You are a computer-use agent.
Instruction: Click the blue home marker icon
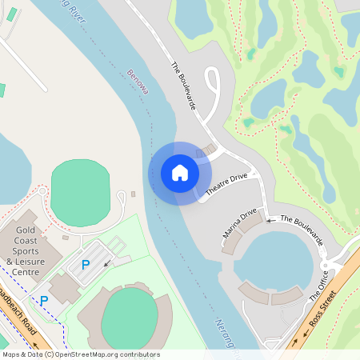180,173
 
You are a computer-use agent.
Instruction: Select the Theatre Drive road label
227,184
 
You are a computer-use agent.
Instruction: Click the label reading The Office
318,285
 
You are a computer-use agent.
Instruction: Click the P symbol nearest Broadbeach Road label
44,301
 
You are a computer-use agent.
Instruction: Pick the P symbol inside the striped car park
86,264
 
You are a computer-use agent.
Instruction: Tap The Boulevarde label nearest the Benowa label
184,80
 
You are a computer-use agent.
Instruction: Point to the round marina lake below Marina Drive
275,260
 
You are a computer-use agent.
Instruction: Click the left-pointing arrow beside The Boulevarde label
270,219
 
